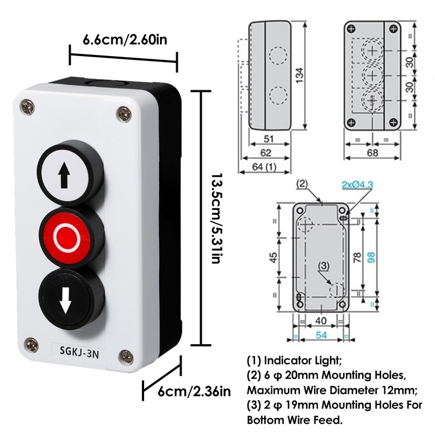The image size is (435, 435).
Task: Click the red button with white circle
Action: click(x=69, y=235)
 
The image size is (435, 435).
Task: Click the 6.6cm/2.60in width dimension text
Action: click(x=125, y=40)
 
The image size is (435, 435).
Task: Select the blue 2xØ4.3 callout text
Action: click(x=357, y=185)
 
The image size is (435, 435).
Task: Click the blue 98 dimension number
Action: click(x=371, y=258)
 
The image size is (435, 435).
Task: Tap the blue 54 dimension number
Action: click(x=321, y=336)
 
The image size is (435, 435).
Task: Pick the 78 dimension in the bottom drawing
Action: click(x=357, y=258)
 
